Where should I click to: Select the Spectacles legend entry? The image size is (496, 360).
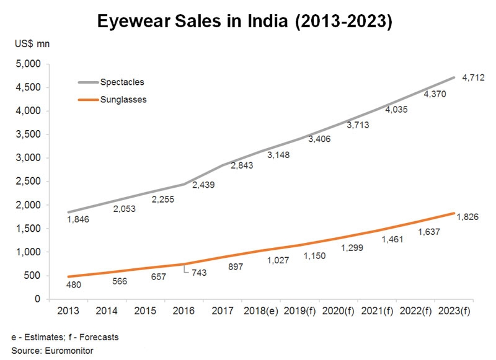(122, 81)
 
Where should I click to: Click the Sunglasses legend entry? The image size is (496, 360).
(123, 99)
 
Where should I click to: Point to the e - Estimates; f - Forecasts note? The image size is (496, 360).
(64, 337)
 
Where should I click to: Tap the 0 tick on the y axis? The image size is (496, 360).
(37, 299)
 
